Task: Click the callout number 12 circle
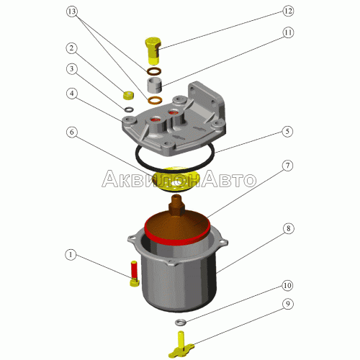(x=288, y=11)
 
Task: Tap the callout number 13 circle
(x=72, y=12)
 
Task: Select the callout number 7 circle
(x=287, y=166)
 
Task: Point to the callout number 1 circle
(x=71, y=254)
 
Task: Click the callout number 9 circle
(x=287, y=304)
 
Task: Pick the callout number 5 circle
(x=287, y=132)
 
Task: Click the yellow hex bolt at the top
(x=153, y=50)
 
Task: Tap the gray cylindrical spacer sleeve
(x=154, y=85)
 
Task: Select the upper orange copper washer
(x=153, y=71)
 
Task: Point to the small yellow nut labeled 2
(x=128, y=95)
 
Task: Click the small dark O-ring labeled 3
(x=129, y=109)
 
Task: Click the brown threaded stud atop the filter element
(x=177, y=205)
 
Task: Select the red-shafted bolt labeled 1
(x=134, y=274)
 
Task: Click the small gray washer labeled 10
(x=180, y=323)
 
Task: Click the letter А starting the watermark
(x=110, y=179)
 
